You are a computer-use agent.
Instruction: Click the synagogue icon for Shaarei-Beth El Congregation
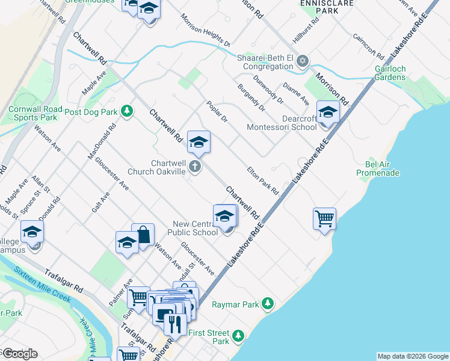point(303,60)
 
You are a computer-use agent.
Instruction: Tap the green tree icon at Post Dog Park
point(126,111)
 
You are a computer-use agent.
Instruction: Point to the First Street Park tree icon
point(239,335)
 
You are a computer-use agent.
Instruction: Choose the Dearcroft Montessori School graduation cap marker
point(328,113)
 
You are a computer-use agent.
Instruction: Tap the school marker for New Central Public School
point(224,216)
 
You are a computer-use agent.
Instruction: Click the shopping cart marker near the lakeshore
point(324,218)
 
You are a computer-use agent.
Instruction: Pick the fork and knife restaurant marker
point(174,324)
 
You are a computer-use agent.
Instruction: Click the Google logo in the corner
point(20,353)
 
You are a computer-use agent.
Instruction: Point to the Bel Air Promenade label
point(378,168)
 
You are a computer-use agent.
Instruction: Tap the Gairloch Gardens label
point(389,73)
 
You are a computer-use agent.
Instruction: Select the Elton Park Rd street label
point(263,180)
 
